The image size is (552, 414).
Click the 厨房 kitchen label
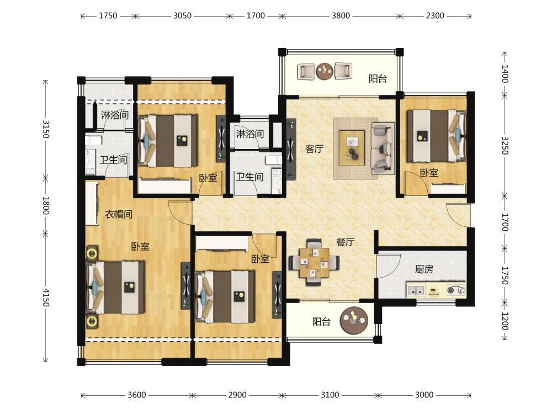click(424, 270)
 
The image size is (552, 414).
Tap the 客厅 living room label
click(314, 149)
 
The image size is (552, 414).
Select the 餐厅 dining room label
click(345, 242)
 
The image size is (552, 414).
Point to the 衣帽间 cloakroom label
click(119, 214)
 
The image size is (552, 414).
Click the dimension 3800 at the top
click(341, 16)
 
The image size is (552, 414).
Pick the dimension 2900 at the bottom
click(237, 395)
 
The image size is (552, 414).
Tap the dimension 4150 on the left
click(46, 297)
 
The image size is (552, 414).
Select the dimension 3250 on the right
click(505, 145)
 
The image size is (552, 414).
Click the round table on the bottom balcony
click(354, 321)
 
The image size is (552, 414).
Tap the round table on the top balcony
click(324, 71)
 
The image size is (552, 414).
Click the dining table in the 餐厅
click(314, 262)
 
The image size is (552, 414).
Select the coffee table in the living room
click(352, 147)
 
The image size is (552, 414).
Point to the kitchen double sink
click(416, 290)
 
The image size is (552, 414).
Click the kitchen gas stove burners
click(456, 290)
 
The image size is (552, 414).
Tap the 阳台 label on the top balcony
click(378, 78)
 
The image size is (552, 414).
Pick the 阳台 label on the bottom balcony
click(321, 321)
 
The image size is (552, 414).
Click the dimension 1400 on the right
click(505, 74)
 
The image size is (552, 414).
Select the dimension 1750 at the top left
click(108, 16)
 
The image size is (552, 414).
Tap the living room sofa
click(383, 148)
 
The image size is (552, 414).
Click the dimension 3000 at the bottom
click(424, 395)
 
